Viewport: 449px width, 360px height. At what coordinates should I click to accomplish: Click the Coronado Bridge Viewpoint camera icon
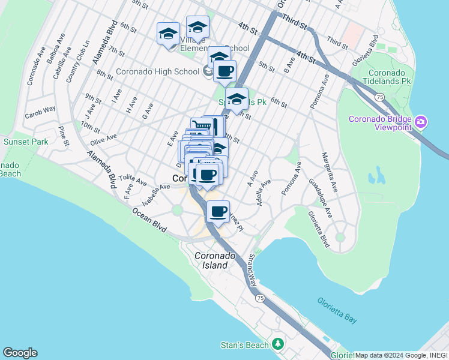pos(421,122)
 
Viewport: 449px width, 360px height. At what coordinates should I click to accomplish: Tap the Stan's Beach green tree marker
pos(277,344)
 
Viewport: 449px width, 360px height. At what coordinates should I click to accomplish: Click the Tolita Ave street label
pos(133,180)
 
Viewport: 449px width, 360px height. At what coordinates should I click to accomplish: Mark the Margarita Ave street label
pos(331,172)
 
